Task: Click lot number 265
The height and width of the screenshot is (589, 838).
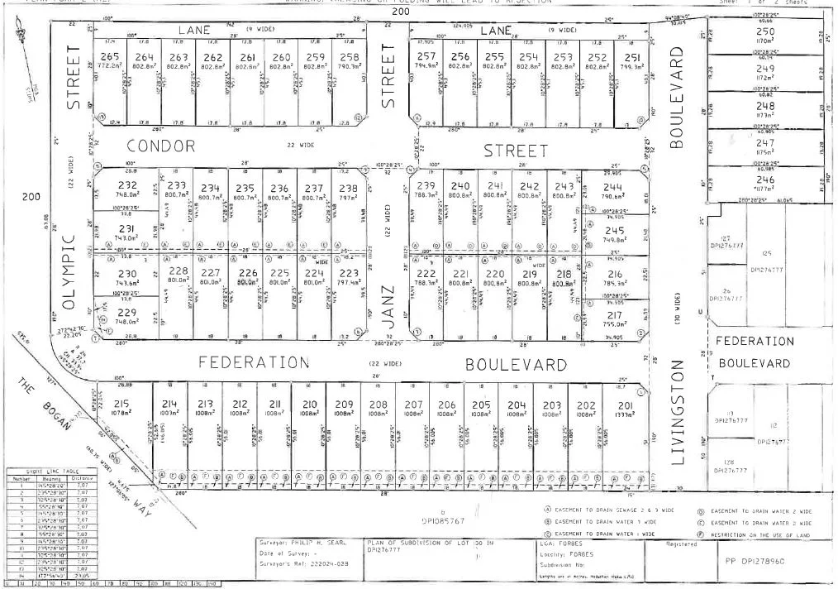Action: (110, 56)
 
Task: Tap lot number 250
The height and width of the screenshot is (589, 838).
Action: (765, 31)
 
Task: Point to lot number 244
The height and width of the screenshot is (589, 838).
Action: (613, 186)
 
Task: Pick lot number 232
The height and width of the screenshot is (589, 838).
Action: (127, 185)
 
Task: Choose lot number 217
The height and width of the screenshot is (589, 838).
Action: (614, 315)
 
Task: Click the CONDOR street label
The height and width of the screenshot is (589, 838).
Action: (160, 146)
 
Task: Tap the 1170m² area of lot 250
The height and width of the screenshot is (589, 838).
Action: (765, 40)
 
